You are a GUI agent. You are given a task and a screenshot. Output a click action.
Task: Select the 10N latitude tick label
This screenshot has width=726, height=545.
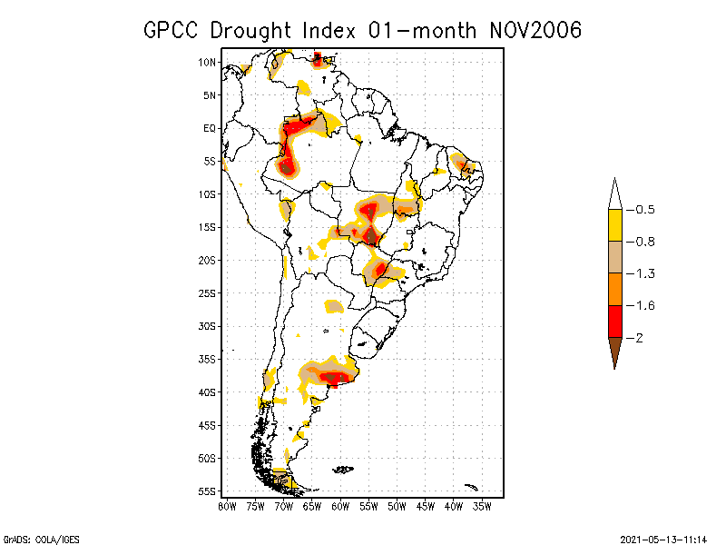point(207,62)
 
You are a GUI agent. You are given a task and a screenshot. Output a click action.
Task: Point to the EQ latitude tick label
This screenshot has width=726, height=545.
point(209,128)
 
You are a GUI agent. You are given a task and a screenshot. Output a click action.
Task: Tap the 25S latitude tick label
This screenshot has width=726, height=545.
point(207,292)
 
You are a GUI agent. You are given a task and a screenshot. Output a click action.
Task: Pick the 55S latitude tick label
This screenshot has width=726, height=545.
point(207,491)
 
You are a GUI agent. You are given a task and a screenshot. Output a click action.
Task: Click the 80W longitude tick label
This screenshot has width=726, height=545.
point(228,506)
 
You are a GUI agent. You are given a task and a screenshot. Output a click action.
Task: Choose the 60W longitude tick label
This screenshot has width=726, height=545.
point(340,506)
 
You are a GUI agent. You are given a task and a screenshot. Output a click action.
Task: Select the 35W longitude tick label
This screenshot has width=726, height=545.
point(482,506)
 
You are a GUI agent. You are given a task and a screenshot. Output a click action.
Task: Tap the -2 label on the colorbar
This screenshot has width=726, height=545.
point(641,337)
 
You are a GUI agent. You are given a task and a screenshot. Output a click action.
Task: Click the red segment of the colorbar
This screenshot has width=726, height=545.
point(614,321)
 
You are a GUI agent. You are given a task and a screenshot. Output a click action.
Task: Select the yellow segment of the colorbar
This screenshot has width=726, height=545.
point(614,225)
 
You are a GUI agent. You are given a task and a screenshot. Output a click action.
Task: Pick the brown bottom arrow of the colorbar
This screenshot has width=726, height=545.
point(614,351)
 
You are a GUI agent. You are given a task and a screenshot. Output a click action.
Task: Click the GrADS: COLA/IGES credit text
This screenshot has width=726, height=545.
point(34,539)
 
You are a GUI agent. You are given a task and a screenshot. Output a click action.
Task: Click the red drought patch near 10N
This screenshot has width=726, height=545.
point(318,60)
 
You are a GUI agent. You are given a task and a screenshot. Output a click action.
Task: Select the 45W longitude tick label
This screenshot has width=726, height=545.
point(426,506)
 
